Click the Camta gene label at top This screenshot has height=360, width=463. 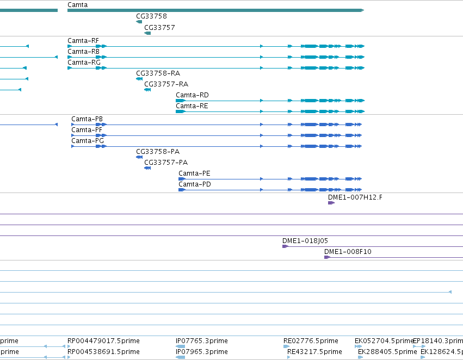tap(77, 5)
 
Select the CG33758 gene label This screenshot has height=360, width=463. tap(151, 16)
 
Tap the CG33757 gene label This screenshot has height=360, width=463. tap(159, 27)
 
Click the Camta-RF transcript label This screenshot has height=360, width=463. tap(83, 41)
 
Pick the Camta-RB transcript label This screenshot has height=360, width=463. tap(84, 52)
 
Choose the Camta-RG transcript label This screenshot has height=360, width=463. tap(84, 63)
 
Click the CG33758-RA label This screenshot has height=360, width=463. tap(158, 73)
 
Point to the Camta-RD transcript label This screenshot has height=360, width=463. tap(192, 95)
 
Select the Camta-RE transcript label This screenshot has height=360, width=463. tap(192, 106)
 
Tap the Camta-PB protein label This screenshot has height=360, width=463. tap(87, 119)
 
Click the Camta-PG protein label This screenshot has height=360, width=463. tap(88, 141)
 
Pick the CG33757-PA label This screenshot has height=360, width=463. tap(166, 162)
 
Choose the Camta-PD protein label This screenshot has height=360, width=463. tap(195, 184)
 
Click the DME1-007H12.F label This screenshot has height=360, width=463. tap(355, 197)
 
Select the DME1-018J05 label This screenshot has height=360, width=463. tap(305, 241)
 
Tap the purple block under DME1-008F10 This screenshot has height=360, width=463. tap(327, 257)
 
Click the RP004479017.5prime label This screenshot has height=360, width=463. tap(103, 341)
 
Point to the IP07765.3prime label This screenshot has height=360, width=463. tap(202, 341)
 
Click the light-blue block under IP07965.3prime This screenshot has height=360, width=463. tap(181, 357)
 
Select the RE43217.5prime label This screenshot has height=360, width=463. tap(314, 352)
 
